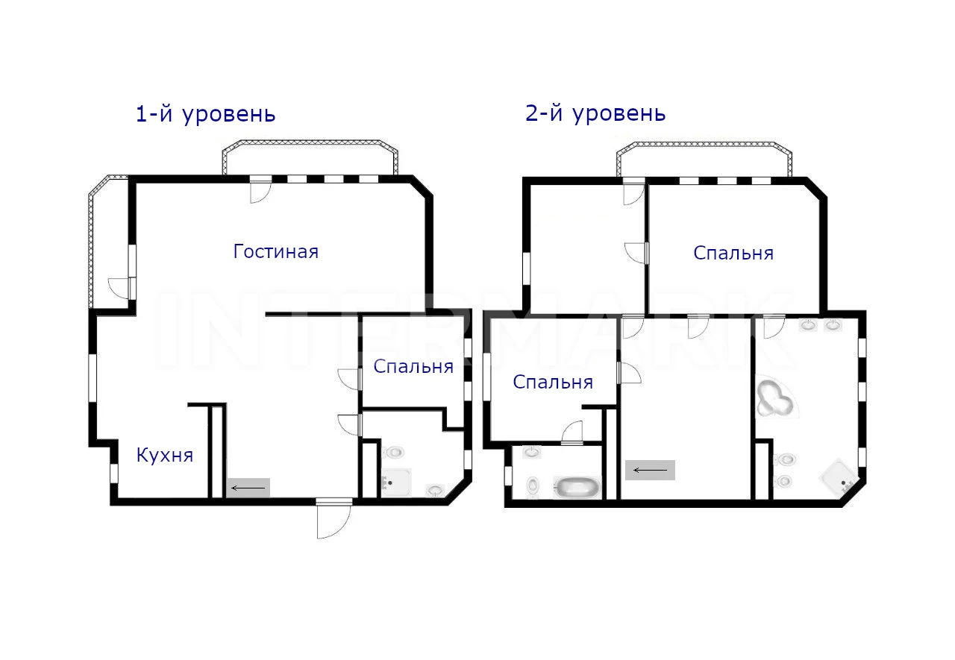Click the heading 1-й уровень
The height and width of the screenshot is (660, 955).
tap(205, 114)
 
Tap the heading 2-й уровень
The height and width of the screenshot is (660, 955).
tap(595, 113)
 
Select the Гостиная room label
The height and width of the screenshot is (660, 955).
tap(276, 251)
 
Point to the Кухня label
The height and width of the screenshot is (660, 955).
tap(165, 455)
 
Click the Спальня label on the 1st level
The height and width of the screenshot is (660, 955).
tap(413, 366)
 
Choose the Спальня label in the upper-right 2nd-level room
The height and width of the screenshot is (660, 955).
tap(733, 253)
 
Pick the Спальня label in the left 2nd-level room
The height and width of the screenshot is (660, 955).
tap(553, 382)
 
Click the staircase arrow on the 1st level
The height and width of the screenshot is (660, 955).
tap(248, 488)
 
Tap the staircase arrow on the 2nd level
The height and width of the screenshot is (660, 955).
tap(650, 470)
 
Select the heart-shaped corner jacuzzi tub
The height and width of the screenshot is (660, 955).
tap(775, 397)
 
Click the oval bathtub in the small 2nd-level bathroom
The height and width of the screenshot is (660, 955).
tap(577, 486)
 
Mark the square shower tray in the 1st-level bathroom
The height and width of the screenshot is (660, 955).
tap(396, 483)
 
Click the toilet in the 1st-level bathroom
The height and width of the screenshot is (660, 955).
tap(392, 452)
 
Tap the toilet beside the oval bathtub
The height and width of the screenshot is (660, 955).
tap(533, 485)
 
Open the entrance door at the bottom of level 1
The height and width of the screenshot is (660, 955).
tap(334, 521)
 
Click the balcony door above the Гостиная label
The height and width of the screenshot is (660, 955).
tap(260, 190)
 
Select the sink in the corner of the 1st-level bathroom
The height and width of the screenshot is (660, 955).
tap(435, 491)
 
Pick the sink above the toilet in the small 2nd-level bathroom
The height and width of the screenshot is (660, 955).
tap(532, 452)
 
